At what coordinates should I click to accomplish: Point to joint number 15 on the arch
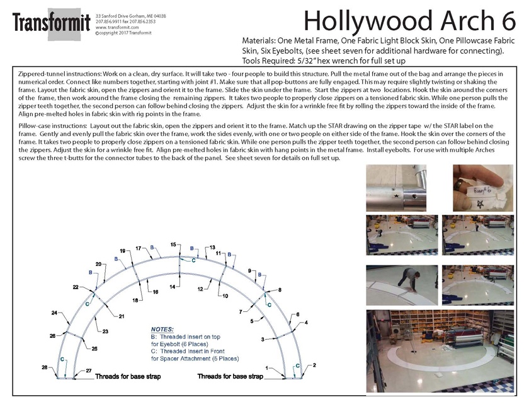coord(173,245)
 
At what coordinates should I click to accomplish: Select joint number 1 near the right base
coord(268,367)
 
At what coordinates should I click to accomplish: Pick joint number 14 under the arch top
coord(171,287)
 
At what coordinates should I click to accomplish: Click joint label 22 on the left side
coord(76,287)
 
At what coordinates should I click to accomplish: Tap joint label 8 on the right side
coord(280,289)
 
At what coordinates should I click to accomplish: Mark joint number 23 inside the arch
coord(106,331)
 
